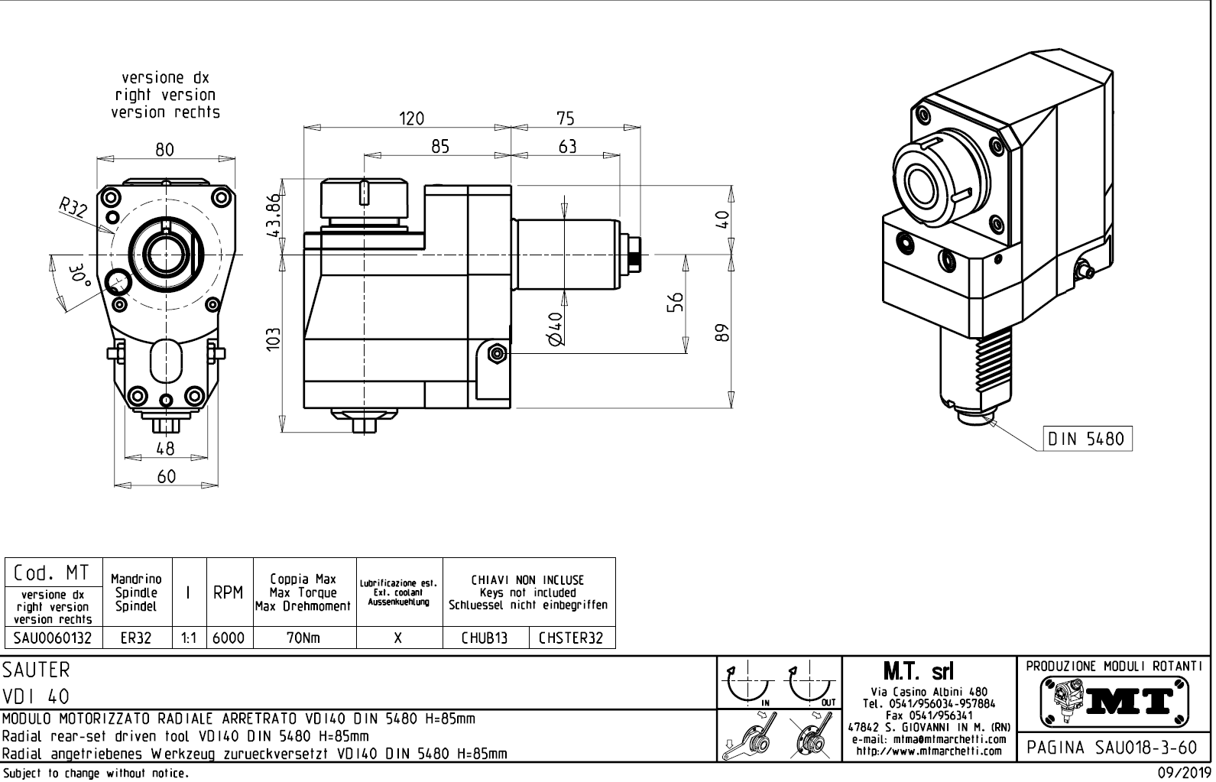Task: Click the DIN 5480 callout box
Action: (1088, 439)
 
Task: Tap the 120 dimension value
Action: (411, 118)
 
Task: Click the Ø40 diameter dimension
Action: (556, 328)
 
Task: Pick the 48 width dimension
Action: (165, 448)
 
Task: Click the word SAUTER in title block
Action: (37, 670)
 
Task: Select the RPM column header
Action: (229, 593)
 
